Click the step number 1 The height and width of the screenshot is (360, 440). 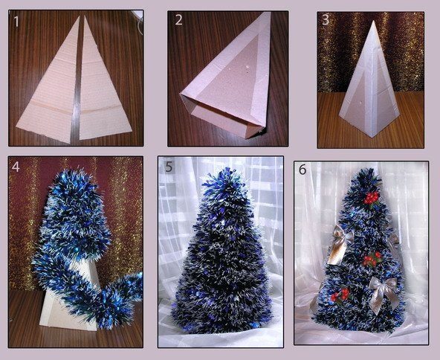[x=16, y=22]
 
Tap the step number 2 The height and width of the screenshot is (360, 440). [x=178, y=19]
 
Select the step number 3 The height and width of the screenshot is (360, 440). [x=326, y=20]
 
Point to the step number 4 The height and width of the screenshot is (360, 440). [x=16, y=167]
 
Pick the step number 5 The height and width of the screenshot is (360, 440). [x=169, y=167]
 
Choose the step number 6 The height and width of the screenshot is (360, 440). [x=302, y=170]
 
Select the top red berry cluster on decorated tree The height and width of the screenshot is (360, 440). [x=371, y=199]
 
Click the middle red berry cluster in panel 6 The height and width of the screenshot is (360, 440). [x=372, y=260]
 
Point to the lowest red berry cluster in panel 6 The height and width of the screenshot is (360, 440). [x=340, y=295]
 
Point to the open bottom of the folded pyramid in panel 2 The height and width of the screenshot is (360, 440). [x=224, y=120]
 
